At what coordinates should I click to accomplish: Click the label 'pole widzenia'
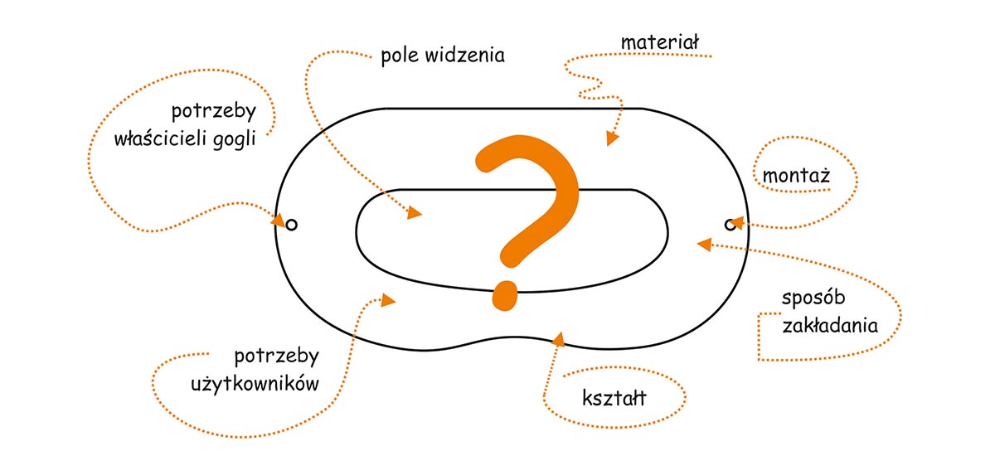(x=443, y=57)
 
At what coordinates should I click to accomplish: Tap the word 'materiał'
(x=660, y=41)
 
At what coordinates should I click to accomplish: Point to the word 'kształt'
(x=614, y=399)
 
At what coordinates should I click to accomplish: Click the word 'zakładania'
(x=830, y=325)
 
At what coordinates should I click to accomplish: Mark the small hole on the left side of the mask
(x=291, y=223)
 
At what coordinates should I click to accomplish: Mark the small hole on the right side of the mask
(x=730, y=223)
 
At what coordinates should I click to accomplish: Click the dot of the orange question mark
(x=502, y=295)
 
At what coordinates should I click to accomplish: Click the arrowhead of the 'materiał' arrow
(x=612, y=138)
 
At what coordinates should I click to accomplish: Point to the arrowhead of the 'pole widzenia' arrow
(x=415, y=215)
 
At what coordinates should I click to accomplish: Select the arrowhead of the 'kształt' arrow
(x=558, y=337)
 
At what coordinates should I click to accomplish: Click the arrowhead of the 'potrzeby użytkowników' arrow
(x=389, y=300)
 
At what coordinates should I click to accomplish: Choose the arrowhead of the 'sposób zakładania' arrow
(x=704, y=244)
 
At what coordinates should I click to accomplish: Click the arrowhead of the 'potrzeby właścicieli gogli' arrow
(x=280, y=220)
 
